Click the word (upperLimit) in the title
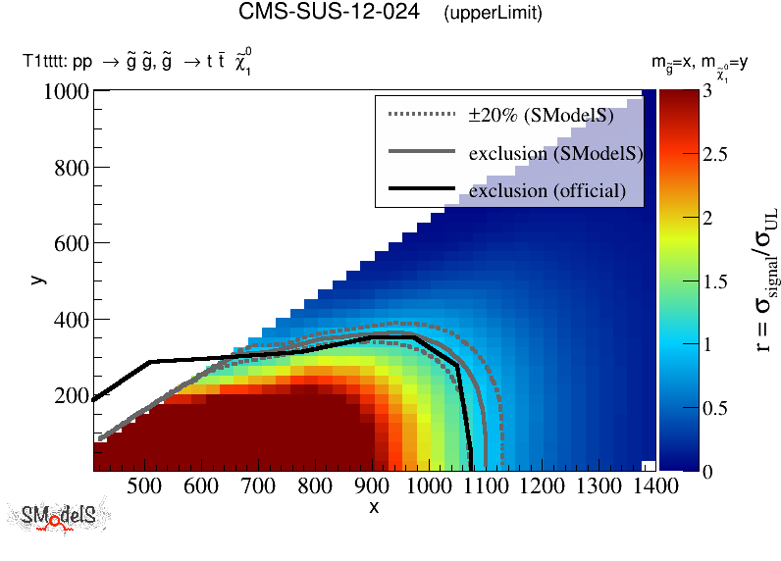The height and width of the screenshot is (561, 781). click(493, 14)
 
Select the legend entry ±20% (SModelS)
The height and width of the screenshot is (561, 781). click(540, 116)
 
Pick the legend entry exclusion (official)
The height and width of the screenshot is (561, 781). click(547, 190)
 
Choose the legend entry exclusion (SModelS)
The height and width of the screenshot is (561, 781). click(555, 153)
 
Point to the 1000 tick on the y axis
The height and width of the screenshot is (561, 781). click(68, 92)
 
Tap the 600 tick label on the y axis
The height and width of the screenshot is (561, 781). click(73, 243)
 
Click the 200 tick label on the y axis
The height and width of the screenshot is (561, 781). click(73, 395)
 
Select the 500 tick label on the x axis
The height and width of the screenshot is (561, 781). click(144, 485)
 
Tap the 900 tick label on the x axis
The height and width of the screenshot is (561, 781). click(372, 485)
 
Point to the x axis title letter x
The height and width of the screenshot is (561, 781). click(374, 507)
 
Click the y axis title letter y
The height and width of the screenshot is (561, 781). click(37, 280)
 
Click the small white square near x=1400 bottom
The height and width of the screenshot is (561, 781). click(648, 465)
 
